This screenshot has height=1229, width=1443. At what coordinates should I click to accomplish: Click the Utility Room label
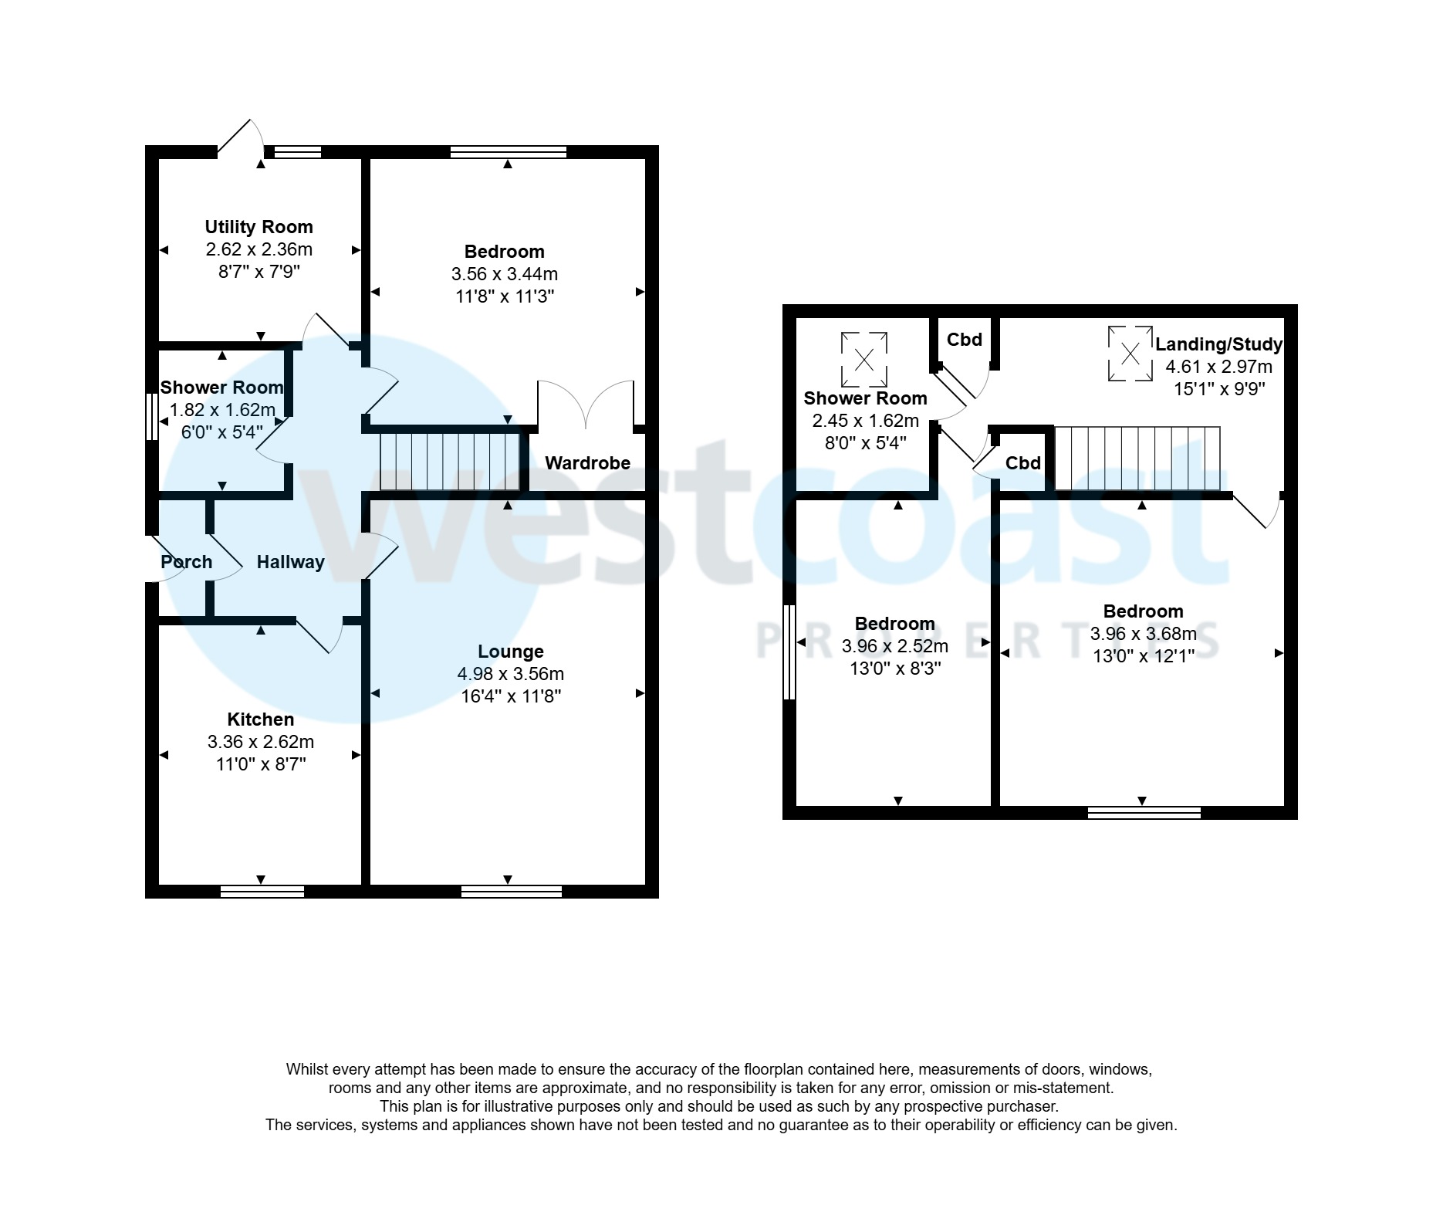coord(259,227)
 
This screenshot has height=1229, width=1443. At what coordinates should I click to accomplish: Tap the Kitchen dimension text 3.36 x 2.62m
coord(260,742)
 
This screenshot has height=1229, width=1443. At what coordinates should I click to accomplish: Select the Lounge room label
coord(510,652)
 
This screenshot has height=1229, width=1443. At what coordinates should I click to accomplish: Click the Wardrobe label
coord(587,463)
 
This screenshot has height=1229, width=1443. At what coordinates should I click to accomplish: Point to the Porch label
coord(186,562)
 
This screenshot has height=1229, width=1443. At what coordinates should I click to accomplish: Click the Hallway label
coord(290,562)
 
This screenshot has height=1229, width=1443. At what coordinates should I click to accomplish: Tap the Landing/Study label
coord(1218,344)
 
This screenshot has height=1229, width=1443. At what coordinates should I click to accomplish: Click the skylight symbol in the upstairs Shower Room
coord(864,359)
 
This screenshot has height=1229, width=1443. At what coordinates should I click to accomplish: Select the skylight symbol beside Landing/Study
coord(1130,354)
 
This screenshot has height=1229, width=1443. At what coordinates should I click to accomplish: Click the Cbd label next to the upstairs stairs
coord(1023,463)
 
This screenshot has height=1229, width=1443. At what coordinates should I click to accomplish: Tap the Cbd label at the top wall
coord(964,340)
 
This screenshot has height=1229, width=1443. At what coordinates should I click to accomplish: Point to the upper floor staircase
coord(1137,458)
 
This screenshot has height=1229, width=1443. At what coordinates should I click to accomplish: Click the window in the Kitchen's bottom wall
coord(262,892)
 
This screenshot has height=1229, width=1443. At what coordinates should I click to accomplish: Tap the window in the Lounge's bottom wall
coord(512,892)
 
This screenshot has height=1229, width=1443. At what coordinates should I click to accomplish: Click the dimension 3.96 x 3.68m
coord(1143,634)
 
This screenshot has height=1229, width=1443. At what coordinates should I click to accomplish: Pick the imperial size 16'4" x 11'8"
coord(510,696)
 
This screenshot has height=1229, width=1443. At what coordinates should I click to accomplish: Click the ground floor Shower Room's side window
coord(152,418)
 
